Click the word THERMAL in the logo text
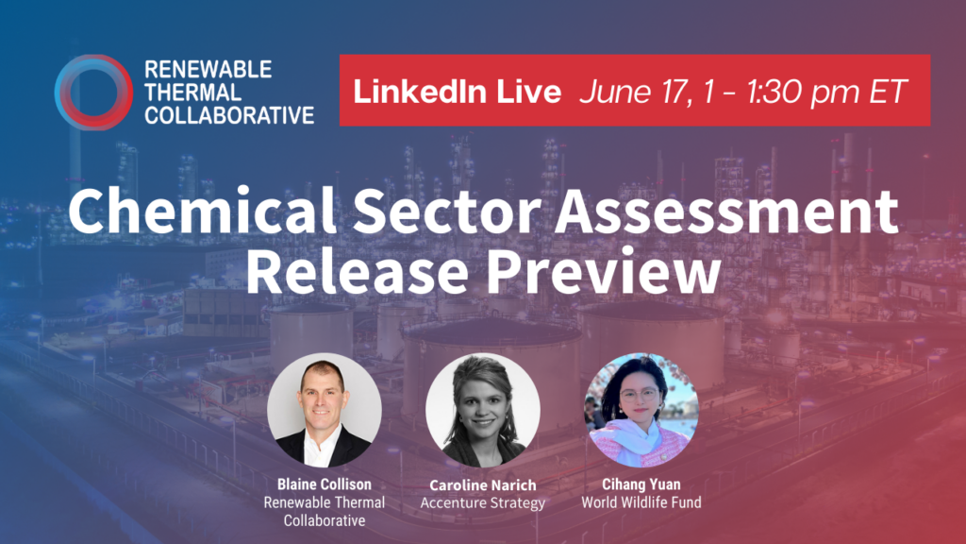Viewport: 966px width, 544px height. pos(192,93)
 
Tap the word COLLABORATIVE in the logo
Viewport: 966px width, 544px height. pos(229,115)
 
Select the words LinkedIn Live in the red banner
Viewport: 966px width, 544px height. pos(458,92)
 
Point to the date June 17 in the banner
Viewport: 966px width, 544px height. pos(633,92)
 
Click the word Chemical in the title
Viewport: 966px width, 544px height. pos(203,211)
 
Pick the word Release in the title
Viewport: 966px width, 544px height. pos(357,270)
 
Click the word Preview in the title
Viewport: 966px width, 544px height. pos(603,270)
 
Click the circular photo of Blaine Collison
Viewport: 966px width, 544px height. pos(325,410)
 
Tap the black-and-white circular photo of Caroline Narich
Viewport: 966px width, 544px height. pos(482,410)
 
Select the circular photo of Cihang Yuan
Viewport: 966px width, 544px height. pos(641,410)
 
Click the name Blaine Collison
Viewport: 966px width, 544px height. pos(325,484)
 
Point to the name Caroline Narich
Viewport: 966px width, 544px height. pos(482,484)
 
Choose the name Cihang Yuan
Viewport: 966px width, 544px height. pos(641,484)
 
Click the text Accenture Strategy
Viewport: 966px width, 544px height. pos(482,503)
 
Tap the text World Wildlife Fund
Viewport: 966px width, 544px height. pos(641,502)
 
